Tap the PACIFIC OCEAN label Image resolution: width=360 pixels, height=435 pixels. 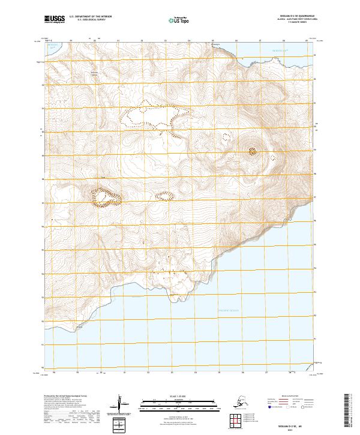tap(228, 310)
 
